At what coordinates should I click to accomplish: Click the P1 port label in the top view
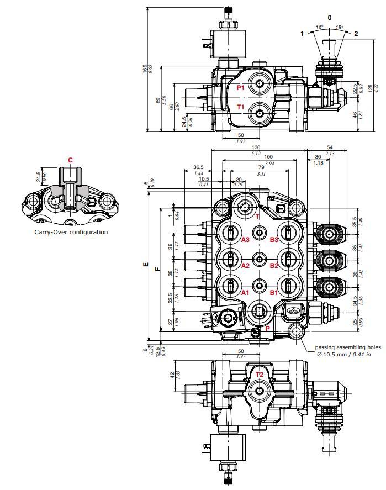240,88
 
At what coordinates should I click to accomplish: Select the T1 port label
240,107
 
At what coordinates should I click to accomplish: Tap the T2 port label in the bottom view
259,374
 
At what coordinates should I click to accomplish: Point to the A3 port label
245,239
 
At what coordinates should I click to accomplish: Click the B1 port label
274,293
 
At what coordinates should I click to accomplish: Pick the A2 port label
245,266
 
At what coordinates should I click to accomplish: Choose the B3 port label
274,239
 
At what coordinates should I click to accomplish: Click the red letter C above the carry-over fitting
70,160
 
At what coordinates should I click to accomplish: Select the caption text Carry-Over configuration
70,232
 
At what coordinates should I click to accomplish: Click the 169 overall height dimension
145,69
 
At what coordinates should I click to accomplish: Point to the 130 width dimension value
256,147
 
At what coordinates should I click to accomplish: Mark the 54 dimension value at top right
330,147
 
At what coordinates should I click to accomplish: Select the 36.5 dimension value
199,167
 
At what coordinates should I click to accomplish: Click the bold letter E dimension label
146,265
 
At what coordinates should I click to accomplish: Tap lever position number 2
356,34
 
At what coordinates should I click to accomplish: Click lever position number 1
302,34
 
